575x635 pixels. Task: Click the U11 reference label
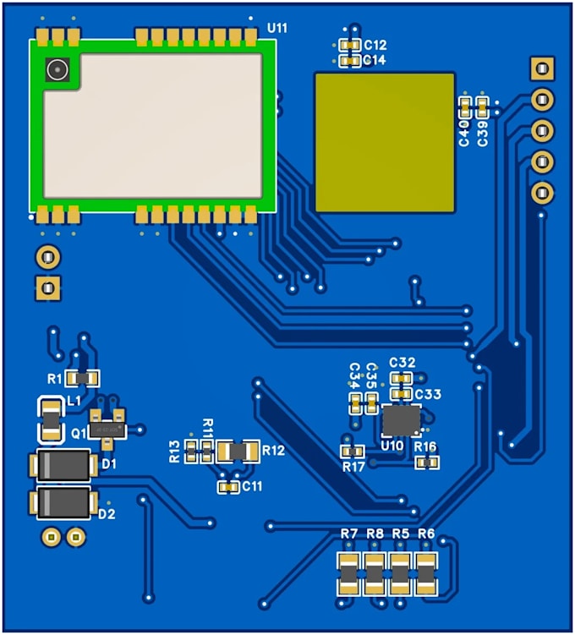pos(277,28)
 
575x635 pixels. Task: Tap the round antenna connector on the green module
pos(57,69)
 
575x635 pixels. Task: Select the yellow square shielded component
pos(385,142)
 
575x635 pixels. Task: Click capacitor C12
pos(349,45)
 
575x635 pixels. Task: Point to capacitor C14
pos(349,61)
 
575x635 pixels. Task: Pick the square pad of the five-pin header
pos(542,68)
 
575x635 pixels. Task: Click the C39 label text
pos(482,133)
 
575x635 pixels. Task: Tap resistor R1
pos(82,379)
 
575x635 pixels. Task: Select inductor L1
pos(52,420)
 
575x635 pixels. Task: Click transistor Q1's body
pos(107,429)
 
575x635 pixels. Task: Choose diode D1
pos(63,465)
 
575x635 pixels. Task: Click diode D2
pos(63,502)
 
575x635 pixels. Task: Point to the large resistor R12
pos(238,452)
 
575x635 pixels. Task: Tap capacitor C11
pos(229,487)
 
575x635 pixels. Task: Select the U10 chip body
pos(401,421)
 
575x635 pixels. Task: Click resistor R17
pos(353,452)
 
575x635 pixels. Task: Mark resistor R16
pos(427,462)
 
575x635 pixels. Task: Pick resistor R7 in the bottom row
pos(348,574)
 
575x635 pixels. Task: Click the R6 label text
pos(426,534)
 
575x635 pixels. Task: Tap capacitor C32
pos(402,379)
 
